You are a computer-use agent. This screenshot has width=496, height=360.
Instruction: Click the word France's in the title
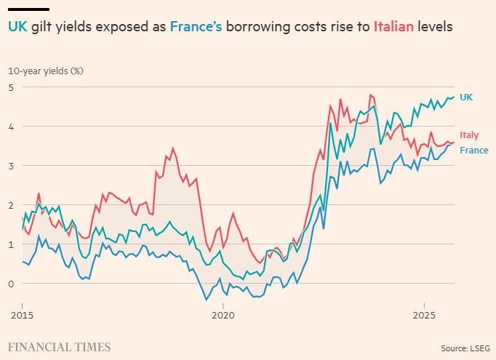(196, 27)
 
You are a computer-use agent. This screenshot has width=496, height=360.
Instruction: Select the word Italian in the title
(394, 27)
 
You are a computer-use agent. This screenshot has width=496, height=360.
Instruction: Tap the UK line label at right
(466, 97)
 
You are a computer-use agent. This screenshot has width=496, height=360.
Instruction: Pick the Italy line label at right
(469, 135)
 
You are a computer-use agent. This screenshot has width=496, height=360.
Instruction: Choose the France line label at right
(473, 151)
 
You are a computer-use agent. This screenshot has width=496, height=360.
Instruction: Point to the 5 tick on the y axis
(11, 87)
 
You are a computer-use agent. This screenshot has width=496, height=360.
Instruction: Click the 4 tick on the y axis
(11, 127)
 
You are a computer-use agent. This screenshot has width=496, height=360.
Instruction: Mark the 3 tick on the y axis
(11, 166)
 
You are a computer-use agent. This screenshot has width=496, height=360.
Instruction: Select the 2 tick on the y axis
(11, 205)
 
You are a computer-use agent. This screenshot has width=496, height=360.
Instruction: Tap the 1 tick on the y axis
(11, 244)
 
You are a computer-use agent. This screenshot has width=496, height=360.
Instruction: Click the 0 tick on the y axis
(11, 284)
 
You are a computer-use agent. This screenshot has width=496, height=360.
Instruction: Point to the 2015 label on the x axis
(22, 316)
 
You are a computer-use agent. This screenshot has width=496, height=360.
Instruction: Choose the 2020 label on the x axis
(223, 316)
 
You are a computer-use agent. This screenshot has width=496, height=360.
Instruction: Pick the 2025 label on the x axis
(424, 316)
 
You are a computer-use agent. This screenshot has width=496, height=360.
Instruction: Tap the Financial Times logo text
(60, 346)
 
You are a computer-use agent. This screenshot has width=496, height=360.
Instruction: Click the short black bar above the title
(28, 9)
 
